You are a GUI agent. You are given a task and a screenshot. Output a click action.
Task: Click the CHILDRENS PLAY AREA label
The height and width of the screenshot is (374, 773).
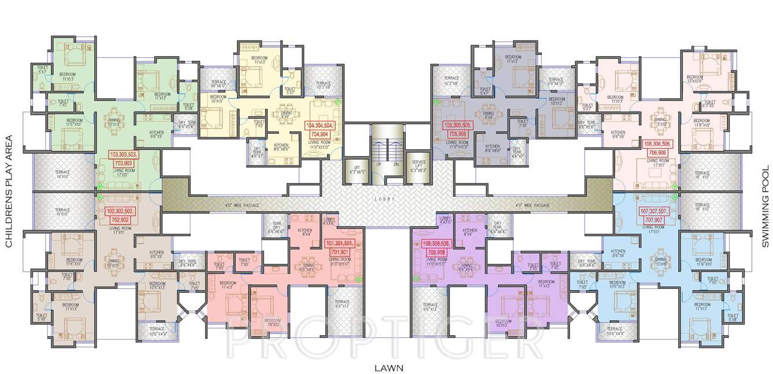9,192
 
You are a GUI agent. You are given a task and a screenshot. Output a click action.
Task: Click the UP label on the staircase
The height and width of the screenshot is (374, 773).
379,164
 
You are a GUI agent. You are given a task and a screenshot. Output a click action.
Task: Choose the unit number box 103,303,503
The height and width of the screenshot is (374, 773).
124,159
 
